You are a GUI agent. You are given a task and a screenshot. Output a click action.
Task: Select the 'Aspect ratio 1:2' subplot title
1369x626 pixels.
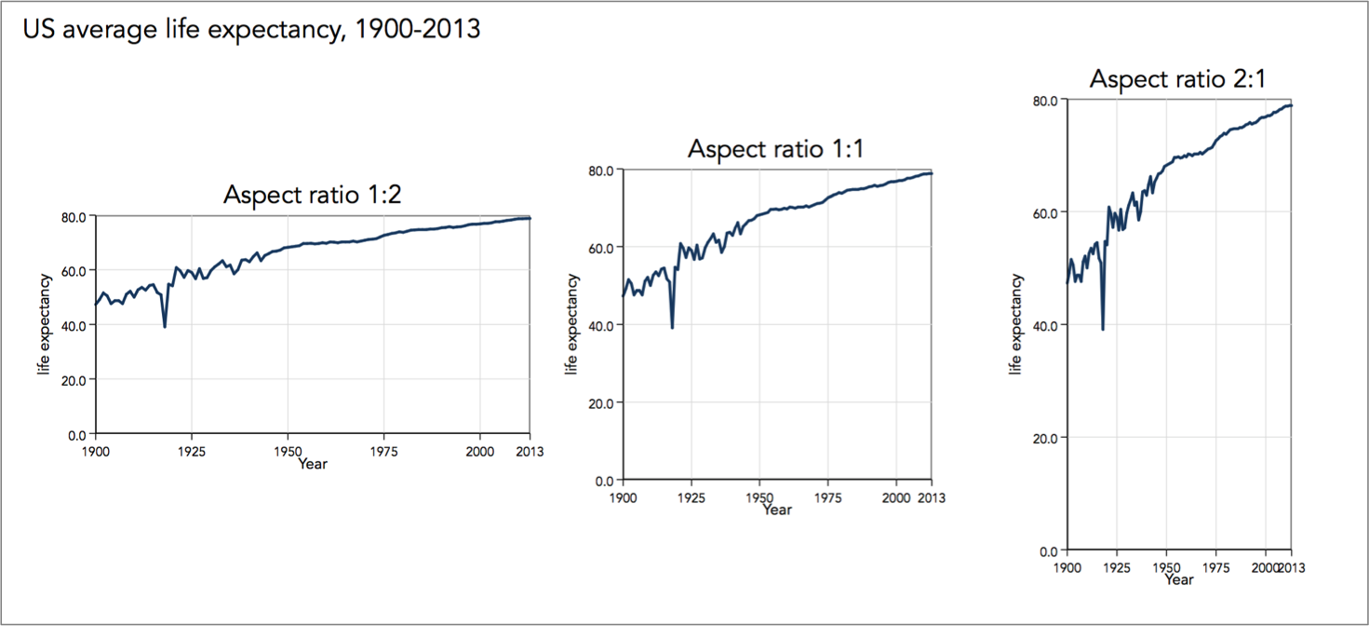coord(313,195)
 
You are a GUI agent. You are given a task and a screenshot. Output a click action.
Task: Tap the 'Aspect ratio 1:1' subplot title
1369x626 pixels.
coord(776,149)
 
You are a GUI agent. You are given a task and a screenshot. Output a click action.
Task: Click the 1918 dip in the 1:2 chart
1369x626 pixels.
coord(165,326)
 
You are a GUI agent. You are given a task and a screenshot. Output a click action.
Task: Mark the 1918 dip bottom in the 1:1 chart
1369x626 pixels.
coord(672,327)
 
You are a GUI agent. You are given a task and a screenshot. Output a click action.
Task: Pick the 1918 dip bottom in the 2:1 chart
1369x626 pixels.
coord(1103,329)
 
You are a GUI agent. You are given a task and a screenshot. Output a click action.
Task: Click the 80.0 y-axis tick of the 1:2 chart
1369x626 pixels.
coord(74,216)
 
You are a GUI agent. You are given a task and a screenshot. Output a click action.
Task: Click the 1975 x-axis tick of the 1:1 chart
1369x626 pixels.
coord(827,497)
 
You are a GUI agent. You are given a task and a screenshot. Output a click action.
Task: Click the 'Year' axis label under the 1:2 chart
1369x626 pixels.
coord(313,464)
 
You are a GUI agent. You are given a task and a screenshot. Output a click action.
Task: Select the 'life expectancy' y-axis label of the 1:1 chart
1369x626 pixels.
coord(572,324)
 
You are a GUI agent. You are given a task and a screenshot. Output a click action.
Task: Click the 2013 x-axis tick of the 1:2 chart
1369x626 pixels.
coord(530,451)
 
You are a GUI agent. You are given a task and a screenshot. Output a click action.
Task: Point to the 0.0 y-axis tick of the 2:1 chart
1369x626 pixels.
coord(1049,551)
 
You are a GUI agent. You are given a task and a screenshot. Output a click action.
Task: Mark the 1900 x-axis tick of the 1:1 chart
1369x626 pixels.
coord(623,497)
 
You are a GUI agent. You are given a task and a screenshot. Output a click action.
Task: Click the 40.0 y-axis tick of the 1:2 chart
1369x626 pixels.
coord(74,325)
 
